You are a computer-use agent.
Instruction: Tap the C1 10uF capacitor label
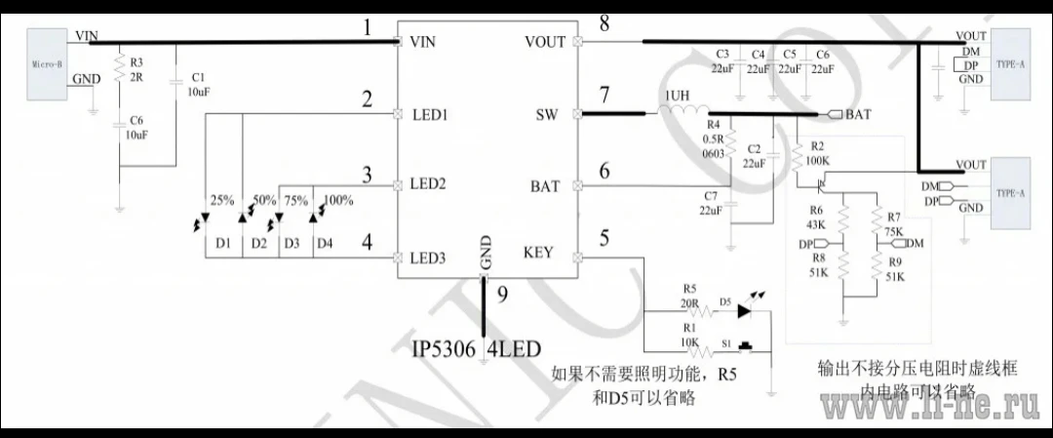point(198,83)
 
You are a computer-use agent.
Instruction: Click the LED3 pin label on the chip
point(428,258)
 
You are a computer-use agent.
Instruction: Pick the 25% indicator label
point(221,200)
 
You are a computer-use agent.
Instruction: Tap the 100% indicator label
point(337,200)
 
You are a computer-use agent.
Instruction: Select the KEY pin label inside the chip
point(537,253)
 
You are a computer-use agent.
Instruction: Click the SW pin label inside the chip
point(546,114)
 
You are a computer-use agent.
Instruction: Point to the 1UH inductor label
point(679,96)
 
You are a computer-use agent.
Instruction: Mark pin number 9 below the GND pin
point(502,296)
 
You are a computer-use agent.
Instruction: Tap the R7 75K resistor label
point(893,224)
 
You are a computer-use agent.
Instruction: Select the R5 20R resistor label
point(690,295)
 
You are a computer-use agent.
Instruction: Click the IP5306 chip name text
point(444,348)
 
